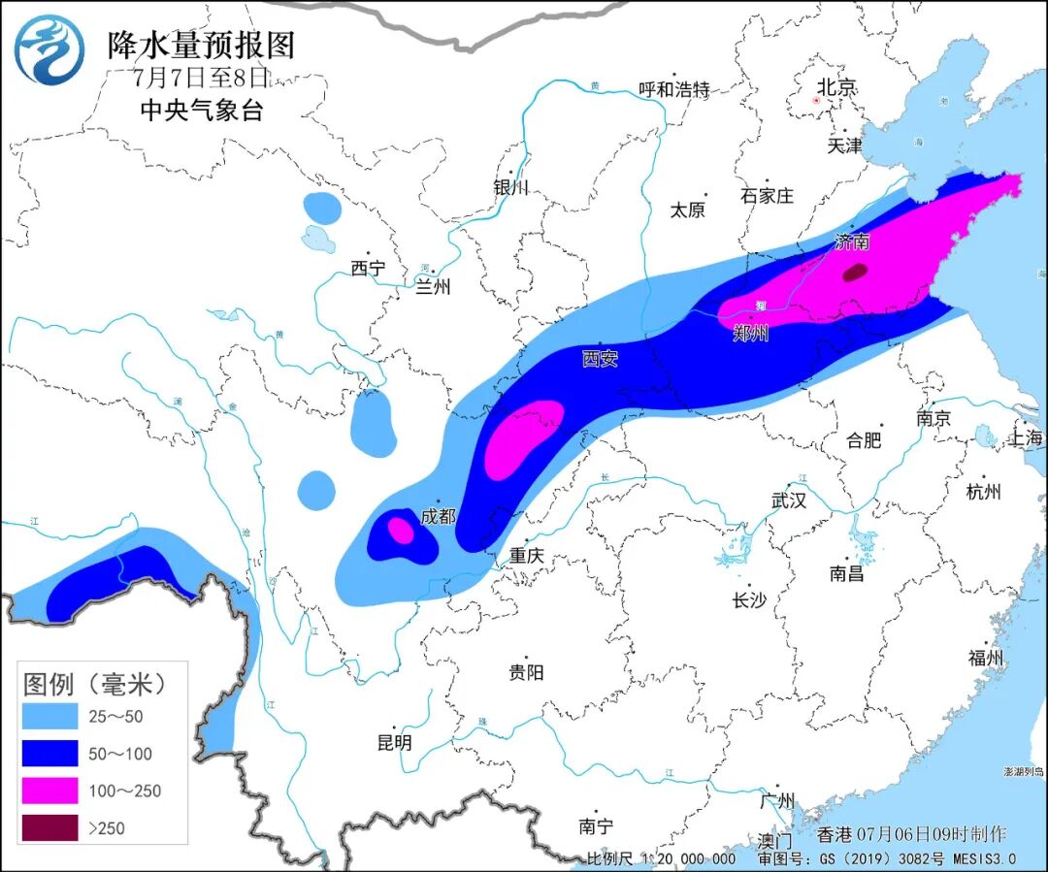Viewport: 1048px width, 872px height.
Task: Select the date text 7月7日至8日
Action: [x=200, y=78]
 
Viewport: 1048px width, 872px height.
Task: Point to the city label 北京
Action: [x=835, y=87]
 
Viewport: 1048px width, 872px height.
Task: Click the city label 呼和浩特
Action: [x=674, y=90]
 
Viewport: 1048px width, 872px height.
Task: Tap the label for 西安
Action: [x=600, y=359]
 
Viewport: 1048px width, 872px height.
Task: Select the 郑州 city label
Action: [x=751, y=333]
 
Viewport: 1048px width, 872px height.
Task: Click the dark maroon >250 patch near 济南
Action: [x=855, y=273]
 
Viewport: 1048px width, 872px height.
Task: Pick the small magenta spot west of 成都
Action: [x=400, y=530]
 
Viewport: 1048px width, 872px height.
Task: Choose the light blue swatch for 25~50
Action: [x=50, y=717]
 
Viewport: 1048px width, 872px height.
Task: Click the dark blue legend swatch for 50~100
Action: [x=50, y=754]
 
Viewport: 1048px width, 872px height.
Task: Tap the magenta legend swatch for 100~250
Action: [x=50, y=791]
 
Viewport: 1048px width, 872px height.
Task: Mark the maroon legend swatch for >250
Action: [x=50, y=827]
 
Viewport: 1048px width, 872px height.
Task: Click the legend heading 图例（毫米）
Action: [x=93, y=684]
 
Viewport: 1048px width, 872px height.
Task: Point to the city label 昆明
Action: [x=394, y=743]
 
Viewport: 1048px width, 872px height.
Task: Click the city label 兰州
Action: [x=434, y=286]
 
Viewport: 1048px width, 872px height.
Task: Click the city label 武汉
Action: [x=789, y=501]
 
